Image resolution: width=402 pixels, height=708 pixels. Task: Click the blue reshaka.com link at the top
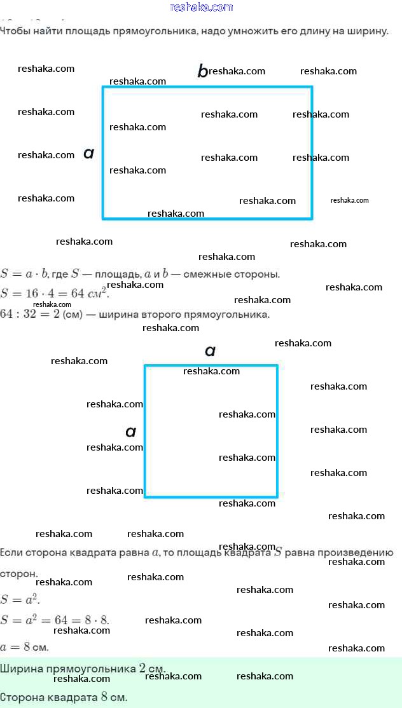click(x=202, y=7)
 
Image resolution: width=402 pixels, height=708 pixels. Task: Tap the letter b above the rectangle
click(x=202, y=71)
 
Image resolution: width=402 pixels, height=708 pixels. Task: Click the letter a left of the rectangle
click(x=89, y=153)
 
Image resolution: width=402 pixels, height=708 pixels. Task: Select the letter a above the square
click(x=210, y=350)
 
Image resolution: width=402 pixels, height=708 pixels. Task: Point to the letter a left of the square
click(x=130, y=432)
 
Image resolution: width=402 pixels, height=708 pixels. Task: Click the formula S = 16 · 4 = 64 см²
click(x=55, y=294)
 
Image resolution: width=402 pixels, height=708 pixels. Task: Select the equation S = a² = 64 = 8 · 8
click(x=55, y=619)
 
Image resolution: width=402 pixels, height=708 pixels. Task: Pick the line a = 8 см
click(x=24, y=647)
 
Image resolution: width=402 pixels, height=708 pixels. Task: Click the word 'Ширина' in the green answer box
click(x=17, y=669)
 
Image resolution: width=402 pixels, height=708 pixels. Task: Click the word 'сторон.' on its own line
click(x=19, y=573)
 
